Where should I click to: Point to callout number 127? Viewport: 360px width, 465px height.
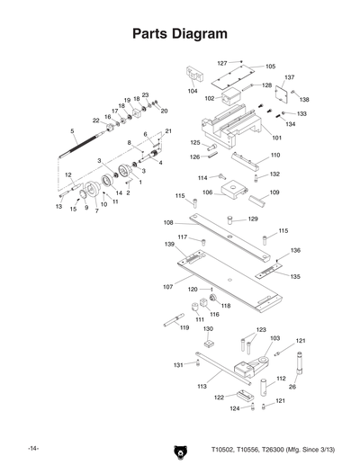pyautogui.click(x=221, y=63)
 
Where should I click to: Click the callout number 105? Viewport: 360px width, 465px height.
pyautogui.click(x=271, y=67)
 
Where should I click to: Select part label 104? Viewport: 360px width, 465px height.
pyautogui.click(x=193, y=92)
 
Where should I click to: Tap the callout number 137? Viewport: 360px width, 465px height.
pyautogui.click(x=290, y=78)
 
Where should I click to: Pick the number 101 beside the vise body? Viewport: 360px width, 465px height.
pyautogui.click(x=276, y=138)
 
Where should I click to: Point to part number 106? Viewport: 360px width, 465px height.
pyautogui.click(x=206, y=192)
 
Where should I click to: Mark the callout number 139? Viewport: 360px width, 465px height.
pyautogui.click(x=169, y=245)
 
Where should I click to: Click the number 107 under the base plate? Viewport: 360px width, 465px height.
pyautogui.click(x=167, y=287)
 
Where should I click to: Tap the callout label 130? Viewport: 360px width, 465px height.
pyautogui.click(x=208, y=329)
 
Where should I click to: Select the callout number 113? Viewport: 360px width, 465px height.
pyautogui.click(x=176, y=386)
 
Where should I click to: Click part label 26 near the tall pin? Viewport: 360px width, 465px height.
pyautogui.click(x=292, y=387)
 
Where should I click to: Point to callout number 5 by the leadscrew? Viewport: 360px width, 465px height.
pyautogui.click(x=71, y=131)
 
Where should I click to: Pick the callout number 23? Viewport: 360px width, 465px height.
pyautogui.click(x=145, y=94)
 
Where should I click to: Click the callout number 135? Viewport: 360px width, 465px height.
pyautogui.click(x=294, y=276)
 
